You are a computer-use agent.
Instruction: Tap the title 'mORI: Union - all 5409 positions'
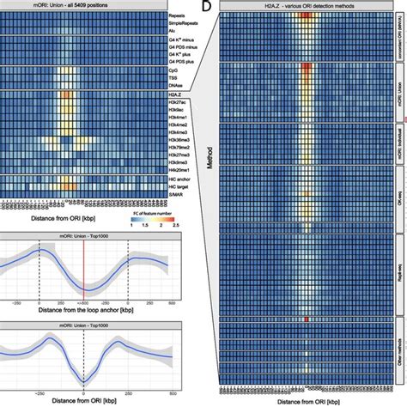click(86, 4)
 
